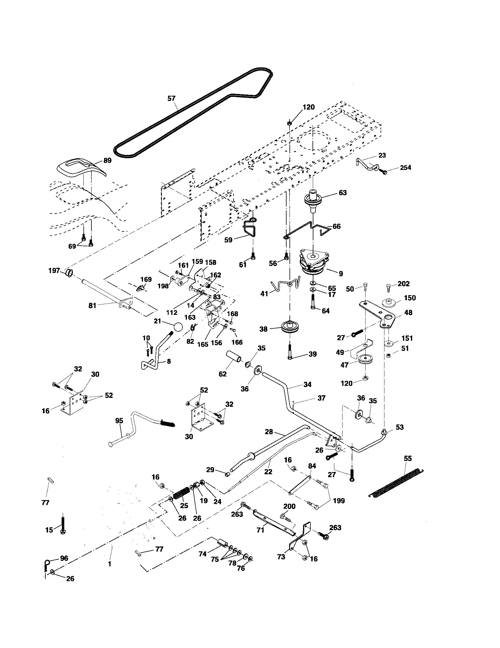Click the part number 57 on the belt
click(171, 98)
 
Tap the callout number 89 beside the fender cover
click(107, 161)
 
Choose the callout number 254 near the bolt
click(405, 168)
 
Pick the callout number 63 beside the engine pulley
click(342, 193)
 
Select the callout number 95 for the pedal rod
click(119, 420)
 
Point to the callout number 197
click(54, 271)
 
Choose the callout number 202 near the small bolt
click(404, 284)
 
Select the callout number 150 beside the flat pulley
click(410, 298)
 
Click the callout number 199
click(339, 501)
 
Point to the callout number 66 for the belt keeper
click(336, 227)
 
